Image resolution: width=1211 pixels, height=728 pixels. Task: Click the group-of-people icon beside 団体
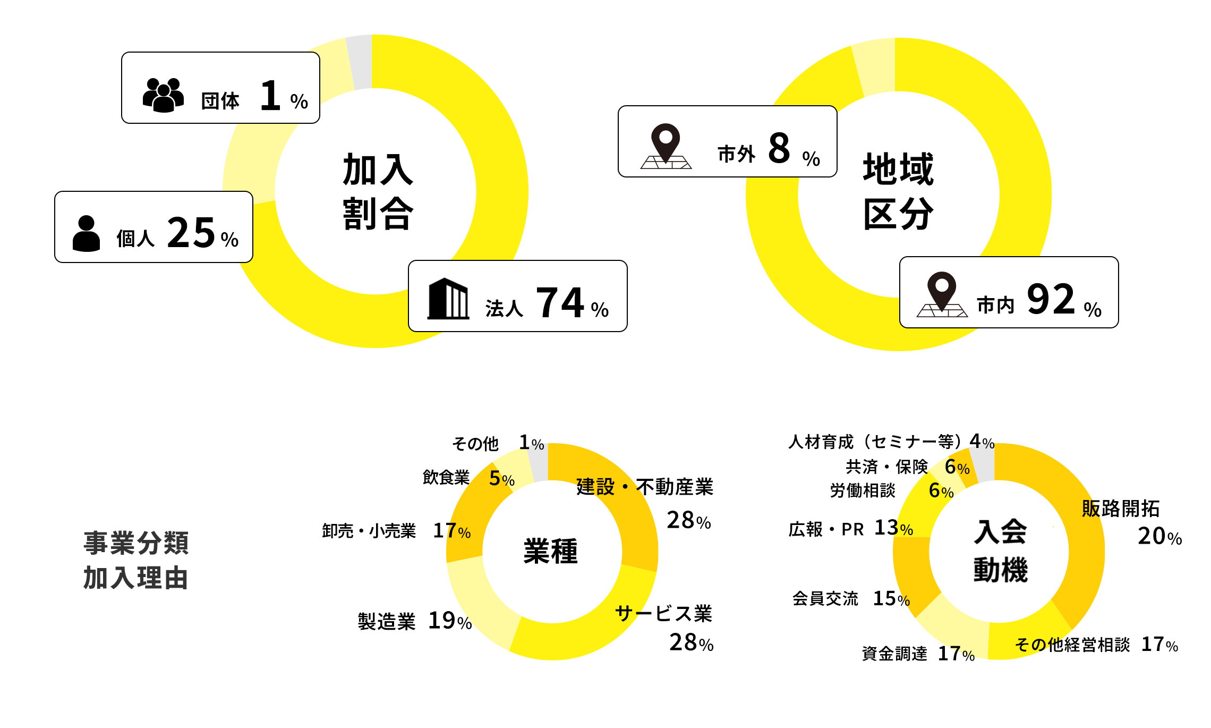pyautogui.click(x=163, y=95)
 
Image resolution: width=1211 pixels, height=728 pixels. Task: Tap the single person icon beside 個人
pyautogui.click(x=86, y=233)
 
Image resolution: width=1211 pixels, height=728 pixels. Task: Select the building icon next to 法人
pyautogui.click(x=448, y=299)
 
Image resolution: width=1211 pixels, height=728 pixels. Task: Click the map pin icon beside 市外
pyautogui.click(x=666, y=146)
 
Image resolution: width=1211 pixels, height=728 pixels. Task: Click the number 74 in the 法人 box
pyautogui.click(x=560, y=302)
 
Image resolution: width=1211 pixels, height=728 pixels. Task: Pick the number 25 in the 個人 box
pyautogui.click(x=191, y=233)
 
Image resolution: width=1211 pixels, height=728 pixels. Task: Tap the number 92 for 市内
pyautogui.click(x=1051, y=299)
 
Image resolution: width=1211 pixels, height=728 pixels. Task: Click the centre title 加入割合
pyautogui.click(x=378, y=191)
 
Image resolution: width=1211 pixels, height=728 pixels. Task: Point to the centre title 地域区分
pyautogui.click(x=898, y=191)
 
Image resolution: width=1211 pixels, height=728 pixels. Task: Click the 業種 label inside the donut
pyautogui.click(x=550, y=551)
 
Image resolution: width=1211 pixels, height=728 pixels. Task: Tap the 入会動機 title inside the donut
pyautogui.click(x=1000, y=551)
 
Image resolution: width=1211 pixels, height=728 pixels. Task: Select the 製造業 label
pyautogui.click(x=387, y=621)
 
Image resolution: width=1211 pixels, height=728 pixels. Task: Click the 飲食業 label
pyautogui.click(x=446, y=478)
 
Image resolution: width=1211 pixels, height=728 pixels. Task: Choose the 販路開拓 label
pyautogui.click(x=1121, y=509)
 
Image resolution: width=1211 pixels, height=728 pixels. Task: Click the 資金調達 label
pyautogui.click(x=894, y=654)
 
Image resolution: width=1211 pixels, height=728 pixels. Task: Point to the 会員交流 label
pyautogui.click(x=825, y=599)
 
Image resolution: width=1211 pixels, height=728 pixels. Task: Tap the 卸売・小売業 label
pyautogui.click(x=369, y=531)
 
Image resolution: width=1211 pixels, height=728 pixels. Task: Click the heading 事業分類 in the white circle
pyautogui.click(x=136, y=543)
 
